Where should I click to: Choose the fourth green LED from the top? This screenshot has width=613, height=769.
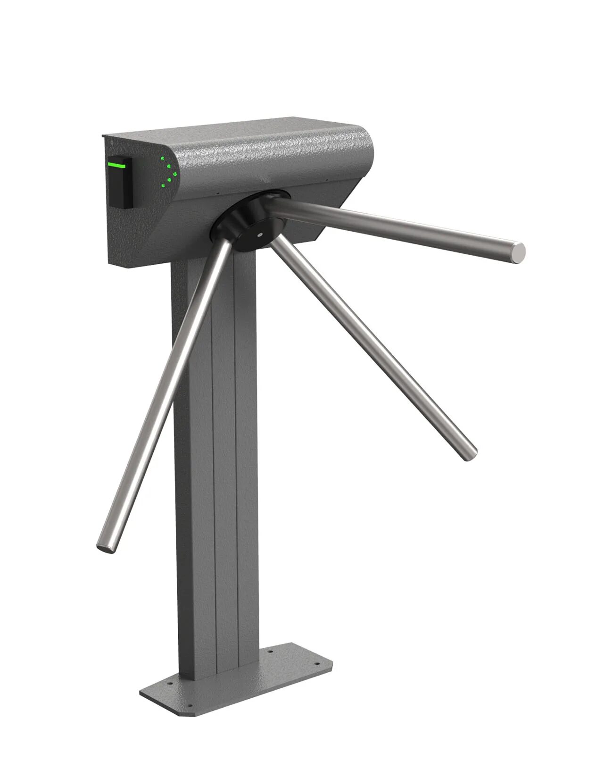point(168,180)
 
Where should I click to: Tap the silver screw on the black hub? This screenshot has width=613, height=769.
point(260,234)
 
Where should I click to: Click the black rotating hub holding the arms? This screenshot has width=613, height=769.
point(245,222)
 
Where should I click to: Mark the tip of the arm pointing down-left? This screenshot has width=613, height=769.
point(104,547)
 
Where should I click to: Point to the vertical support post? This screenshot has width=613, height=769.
point(217,472)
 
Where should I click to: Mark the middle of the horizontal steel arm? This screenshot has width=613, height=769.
point(396,226)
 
